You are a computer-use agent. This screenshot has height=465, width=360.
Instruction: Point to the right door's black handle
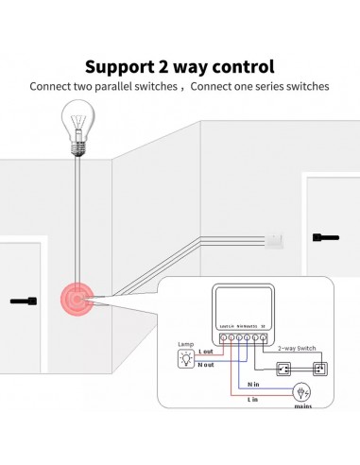point(326,236)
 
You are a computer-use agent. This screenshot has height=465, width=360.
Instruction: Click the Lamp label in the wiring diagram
point(186,343)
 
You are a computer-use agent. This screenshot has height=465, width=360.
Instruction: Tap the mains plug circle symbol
point(303,390)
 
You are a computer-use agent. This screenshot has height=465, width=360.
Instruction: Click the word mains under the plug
point(303,408)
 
